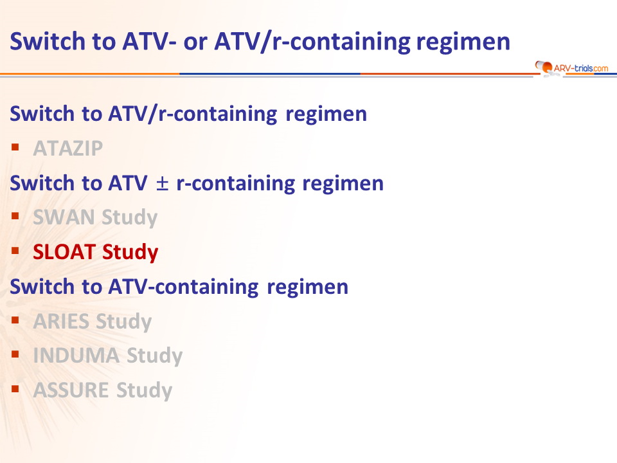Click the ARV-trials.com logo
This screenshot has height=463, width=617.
(571, 68)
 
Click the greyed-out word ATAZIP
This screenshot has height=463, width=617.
(68, 149)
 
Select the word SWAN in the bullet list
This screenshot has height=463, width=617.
(64, 217)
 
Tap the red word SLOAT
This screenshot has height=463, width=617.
(64, 251)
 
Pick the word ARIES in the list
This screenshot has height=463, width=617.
(62, 321)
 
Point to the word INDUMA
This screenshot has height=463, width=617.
(76, 356)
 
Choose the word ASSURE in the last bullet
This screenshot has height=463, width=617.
(71, 390)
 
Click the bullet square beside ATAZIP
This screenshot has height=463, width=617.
(15, 147)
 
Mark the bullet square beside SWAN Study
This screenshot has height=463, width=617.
(15, 216)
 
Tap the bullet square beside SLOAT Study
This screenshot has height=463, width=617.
(15, 250)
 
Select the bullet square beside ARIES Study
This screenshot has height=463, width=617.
(15, 320)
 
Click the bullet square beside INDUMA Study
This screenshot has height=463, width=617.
(15, 354)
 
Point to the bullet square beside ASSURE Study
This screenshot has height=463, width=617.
(15, 389)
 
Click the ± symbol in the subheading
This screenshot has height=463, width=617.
(162, 184)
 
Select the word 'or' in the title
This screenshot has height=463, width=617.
(195, 43)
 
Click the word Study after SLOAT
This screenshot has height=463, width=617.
(130, 252)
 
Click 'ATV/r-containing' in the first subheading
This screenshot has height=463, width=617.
(193, 114)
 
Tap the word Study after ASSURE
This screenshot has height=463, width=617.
(145, 390)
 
